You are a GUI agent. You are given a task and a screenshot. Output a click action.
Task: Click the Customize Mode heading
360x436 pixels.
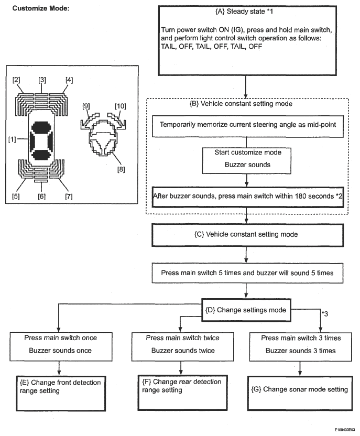tap(41, 8)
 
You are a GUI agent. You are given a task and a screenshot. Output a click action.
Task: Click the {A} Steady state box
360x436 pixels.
tap(247, 40)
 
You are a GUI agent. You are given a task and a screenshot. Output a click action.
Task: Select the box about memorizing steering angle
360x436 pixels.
tap(247, 126)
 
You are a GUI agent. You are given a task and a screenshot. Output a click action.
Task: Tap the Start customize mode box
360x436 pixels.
tap(247, 161)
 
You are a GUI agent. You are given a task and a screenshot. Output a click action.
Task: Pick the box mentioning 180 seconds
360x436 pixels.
tap(248, 197)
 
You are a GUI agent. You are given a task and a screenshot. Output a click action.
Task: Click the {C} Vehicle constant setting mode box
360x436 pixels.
tap(247, 235)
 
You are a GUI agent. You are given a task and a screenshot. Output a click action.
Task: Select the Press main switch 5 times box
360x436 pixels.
tap(247, 273)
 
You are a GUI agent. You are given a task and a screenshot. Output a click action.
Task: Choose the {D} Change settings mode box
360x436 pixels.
tap(246, 310)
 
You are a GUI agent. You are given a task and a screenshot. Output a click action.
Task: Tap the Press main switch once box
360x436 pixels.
tap(61, 346)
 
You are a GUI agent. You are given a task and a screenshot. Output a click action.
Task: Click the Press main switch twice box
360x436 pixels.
tap(183, 346)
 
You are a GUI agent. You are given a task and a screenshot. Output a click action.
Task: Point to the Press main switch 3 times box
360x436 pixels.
tap(300, 346)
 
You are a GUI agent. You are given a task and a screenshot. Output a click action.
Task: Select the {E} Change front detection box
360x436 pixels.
tap(61, 393)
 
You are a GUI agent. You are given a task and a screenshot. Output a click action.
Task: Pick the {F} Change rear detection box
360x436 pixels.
tap(183, 393)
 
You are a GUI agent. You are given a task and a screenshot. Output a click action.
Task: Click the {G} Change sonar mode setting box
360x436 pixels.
tap(300, 393)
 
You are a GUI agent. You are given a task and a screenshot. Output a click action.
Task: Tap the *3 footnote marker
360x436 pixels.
tap(325, 314)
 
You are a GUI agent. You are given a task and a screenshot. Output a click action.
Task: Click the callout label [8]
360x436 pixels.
tap(121, 169)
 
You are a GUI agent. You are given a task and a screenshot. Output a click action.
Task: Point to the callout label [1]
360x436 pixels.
tap(12, 139)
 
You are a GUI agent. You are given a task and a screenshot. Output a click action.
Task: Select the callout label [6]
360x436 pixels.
tap(42, 197)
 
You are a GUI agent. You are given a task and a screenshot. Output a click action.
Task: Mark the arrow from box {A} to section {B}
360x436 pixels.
tap(246, 87)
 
